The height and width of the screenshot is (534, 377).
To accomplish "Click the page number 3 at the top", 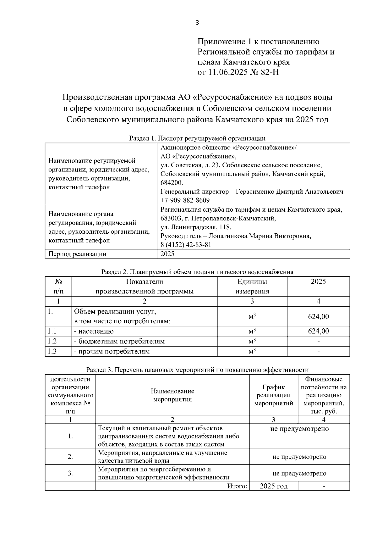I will pyautogui.click(x=197, y=23).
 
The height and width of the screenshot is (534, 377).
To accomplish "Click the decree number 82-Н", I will pyautogui.click(x=270, y=72).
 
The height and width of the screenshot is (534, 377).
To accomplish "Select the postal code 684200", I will pyautogui.click(x=172, y=183).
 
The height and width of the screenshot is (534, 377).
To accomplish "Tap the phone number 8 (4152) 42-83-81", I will pyautogui.click(x=186, y=245).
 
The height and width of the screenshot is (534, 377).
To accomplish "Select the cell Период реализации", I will pyautogui.click(x=77, y=254).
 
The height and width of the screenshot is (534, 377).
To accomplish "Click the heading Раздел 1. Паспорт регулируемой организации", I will pyautogui.click(x=197, y=138).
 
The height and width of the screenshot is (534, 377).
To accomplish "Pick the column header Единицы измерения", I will pyautogui.click(x=252, y=286).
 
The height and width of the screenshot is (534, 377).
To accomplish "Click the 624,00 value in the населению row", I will pyautogui.click(x=318, y=331).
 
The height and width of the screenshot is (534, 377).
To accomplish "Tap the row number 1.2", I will pyautogui.click(x=52, y=341).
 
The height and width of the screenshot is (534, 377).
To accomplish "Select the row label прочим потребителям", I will pyautogui.click(x=112, y=351).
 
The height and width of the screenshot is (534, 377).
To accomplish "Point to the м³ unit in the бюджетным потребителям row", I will pyautogui.click(x=252, y=341).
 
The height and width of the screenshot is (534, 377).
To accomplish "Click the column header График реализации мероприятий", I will pyautogui.click(x=273, y=395).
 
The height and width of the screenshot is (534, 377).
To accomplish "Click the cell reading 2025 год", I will pyautogui.click(x=273, y=486).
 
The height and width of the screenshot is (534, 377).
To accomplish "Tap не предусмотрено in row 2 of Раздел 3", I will pyautogui.click(x=299, y=457).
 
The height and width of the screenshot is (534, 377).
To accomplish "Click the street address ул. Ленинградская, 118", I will pyautogui.click(x=196, y=227).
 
